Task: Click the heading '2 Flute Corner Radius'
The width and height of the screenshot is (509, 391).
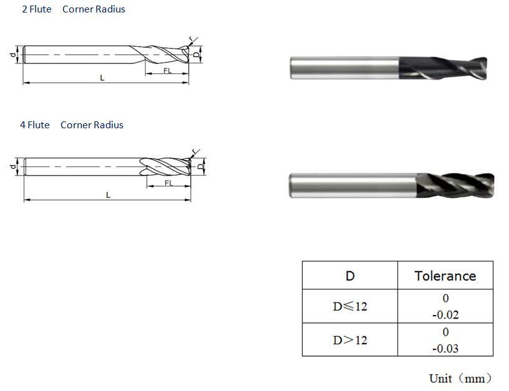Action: (x=74, y=9)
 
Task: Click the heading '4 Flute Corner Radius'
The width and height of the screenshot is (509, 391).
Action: (x=72, y=125)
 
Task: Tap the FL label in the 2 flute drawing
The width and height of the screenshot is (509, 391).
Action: (x=168, y=70)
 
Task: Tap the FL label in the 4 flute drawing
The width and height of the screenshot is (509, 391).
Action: (x=169, y=183)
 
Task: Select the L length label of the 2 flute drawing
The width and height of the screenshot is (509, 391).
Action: (x=102, y=78)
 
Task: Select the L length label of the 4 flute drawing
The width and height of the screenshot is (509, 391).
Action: (x=108, y=195)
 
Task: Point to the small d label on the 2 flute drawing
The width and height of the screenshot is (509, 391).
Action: (x=12, y=55)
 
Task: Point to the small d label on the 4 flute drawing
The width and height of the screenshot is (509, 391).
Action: (x=12, y=167)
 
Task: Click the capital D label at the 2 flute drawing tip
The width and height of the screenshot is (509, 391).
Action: (x=196, y=55)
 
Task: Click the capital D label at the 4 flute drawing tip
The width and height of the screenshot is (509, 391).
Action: (x=201, y=166)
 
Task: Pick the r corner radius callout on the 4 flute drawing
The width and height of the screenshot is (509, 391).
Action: (x=194, y=151)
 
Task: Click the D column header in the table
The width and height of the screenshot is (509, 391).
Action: (x=350, y=276)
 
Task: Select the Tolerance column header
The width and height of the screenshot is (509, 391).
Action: (x=445, y=276)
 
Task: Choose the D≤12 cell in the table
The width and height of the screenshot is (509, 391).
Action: (x=350, y=306)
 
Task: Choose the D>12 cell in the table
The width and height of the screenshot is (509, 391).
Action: (x=350, y=340)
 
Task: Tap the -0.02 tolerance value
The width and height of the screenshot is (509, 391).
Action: (x=445, y=315)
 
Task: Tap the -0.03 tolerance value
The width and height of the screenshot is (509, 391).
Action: (x=445, y=349)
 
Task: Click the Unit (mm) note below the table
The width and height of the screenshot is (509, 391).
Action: (x=460, y=379)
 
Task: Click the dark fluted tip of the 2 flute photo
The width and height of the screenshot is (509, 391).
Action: (x=443, y=68)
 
